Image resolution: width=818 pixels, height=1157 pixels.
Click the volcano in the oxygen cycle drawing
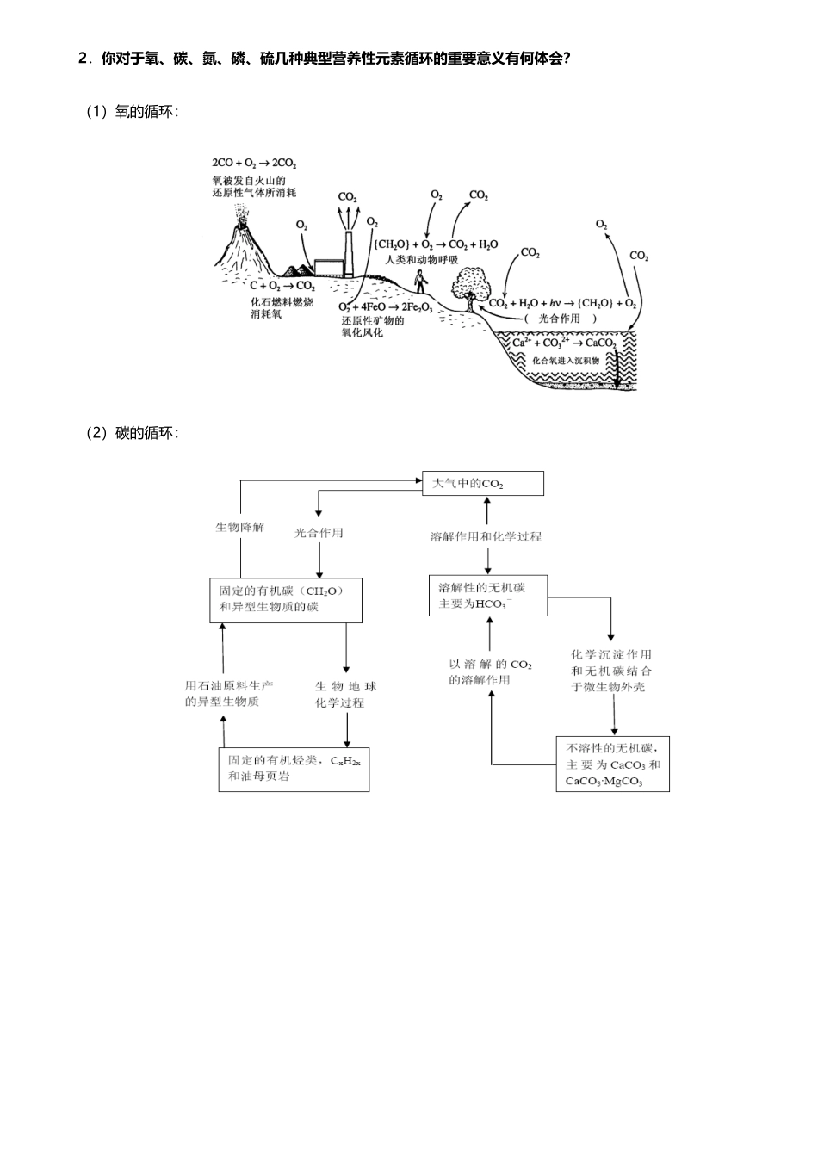[x=244, y=245]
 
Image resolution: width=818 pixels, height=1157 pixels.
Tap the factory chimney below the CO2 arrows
[x=348, y=250]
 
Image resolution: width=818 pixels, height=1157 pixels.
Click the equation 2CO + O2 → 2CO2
[x=254, y=163]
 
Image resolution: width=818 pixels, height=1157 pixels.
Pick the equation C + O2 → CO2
[x=282, y=286]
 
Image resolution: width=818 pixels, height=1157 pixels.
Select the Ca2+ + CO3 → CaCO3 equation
[x=564, y=343]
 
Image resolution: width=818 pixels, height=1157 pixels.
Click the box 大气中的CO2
[x=482, y=484]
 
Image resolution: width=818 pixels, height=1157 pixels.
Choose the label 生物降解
[x=240, y=528]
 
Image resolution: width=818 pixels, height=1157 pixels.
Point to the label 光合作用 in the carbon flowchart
[x=319, y=533]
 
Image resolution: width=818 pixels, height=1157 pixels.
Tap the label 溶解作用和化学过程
[x=486, y=536]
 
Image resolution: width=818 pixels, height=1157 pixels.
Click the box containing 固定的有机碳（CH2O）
[x=285, y=599]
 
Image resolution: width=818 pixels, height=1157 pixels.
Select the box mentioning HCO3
[x=487, y=596]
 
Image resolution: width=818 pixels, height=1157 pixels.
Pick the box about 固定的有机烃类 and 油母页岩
[x=294, y=769]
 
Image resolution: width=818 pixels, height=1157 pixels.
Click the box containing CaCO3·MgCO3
[x=612, y=764]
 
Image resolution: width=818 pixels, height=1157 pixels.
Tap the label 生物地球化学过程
[x=345, y=695]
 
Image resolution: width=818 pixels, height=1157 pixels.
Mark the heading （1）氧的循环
[x=132, y=112]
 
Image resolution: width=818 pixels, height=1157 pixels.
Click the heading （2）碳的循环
[x=132, y=433]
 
